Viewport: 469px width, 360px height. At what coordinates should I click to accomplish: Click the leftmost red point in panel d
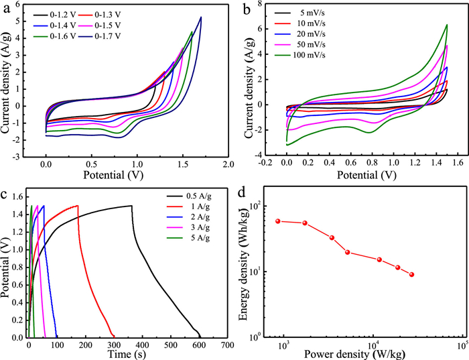point(278,221)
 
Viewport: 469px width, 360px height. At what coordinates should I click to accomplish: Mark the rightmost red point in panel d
point(411,274)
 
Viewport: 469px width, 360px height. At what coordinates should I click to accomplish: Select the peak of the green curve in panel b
point(447,25)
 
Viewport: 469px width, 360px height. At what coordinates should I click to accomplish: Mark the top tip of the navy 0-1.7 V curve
point(201,17)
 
